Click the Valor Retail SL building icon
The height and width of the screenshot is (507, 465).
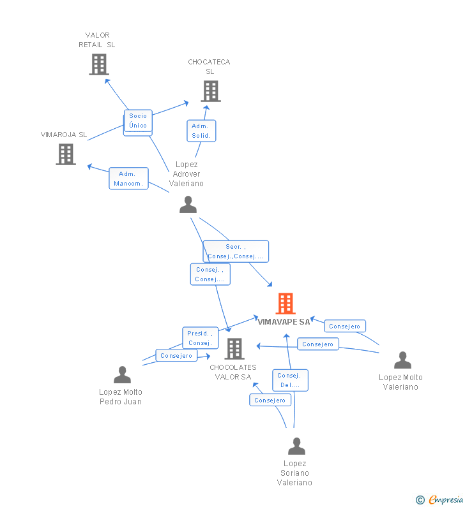(99, 64)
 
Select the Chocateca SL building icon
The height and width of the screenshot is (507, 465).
(211, 91)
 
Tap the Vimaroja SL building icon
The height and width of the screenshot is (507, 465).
(66, 154)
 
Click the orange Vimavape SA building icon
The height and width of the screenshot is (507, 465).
(286, 304)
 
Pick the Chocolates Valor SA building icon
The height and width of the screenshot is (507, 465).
(234, 349)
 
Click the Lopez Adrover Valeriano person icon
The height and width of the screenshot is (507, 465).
(188, 205)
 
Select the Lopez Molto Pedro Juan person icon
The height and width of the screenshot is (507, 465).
(122, 374)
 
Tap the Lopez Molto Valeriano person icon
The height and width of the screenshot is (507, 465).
(402, 360)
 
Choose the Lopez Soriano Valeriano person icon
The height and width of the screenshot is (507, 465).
(296, 446)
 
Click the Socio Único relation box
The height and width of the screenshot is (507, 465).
(138, 121)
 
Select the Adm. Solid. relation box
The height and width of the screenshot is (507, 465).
(201, 131)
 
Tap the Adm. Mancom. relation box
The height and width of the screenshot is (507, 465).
(128, 179)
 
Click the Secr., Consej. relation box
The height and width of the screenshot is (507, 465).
(236, 251)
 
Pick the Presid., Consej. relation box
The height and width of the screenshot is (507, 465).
(200, 338)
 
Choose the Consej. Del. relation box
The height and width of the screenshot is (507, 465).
(290, 380)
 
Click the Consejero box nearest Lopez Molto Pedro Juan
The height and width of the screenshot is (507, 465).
(176, 356)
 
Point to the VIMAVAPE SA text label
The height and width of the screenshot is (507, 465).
(284, 322)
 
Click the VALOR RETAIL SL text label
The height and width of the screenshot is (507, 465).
(97, 40)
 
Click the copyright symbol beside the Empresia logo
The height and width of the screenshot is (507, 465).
(420, 500)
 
